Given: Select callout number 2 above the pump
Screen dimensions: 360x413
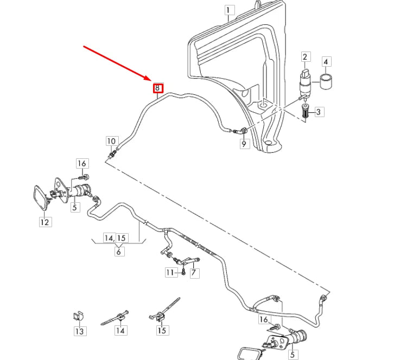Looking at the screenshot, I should point(305,57).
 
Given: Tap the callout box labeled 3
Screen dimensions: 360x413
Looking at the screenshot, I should point(319,112).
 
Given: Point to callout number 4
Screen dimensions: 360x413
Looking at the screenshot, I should point(327,62).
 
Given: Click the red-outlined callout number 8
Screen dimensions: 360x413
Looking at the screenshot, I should point(157,87).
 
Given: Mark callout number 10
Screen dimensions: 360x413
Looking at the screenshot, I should point(111,142).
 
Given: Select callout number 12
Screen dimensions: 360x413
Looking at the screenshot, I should point(45,222).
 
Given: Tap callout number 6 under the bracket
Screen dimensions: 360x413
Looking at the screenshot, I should point(119,251).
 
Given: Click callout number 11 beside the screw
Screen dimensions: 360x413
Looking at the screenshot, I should point(171,272).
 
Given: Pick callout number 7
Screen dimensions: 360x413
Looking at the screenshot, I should point(194,273).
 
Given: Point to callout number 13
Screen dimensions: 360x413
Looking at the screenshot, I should point(79,331).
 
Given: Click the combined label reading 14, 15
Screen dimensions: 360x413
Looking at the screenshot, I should point(116,238).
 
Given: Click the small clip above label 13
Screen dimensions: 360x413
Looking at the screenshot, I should point(78,316).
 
